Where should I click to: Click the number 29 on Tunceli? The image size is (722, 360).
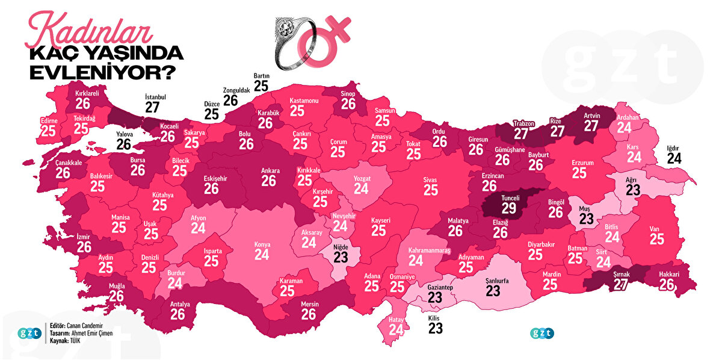point(509,208)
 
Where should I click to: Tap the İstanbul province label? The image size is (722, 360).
point(155,96)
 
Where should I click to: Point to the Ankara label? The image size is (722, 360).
point(270,170)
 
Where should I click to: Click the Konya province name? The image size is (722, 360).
point(262,245)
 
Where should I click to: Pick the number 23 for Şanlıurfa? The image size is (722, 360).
point(493,291)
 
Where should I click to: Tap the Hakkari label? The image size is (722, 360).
point(669,275)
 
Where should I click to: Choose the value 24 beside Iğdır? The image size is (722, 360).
point(674,159)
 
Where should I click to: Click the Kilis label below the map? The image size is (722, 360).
point(435,317)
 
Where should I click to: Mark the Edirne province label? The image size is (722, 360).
point(48,120)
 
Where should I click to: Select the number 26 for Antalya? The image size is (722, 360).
point(180,315)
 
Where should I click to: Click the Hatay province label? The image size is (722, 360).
point(396,320)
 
